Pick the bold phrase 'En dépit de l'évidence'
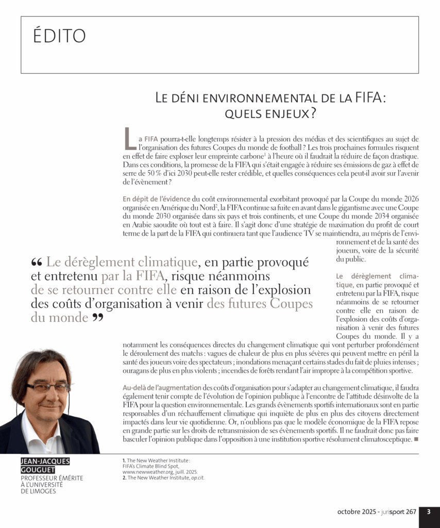(x=156, y=199)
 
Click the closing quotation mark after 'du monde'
(x=97, y=318)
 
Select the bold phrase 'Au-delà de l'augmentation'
(x=162, y=387)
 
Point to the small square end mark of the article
(x=416, y=439)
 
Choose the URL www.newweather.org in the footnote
(x=149, y=471)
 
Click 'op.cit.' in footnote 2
(x=196, y=477)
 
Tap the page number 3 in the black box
(x=429, y=512)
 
